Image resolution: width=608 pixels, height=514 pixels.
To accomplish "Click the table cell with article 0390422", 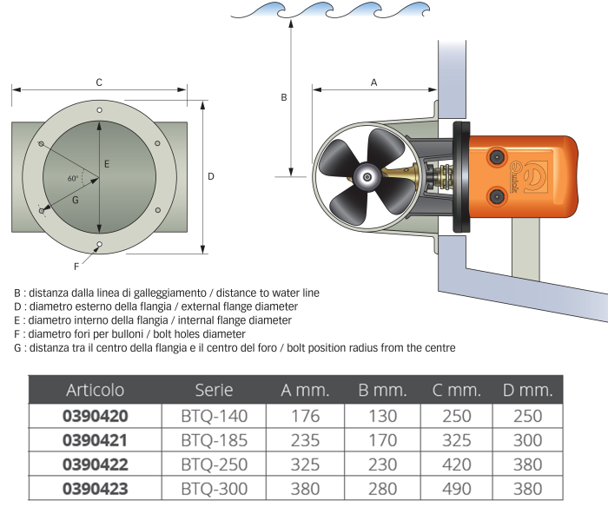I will click(96, 465).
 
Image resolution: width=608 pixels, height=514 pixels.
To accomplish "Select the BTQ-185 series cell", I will click(214, 440).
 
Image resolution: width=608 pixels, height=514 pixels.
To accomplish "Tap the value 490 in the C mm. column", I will click(455, 489).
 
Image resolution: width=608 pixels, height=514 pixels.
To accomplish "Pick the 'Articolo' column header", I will click(96, 390).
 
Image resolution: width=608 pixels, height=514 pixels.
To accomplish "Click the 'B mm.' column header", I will click(382, 390).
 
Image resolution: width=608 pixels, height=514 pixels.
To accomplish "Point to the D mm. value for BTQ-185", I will click(528, 440).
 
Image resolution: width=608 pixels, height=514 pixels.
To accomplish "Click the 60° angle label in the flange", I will click(73, 178).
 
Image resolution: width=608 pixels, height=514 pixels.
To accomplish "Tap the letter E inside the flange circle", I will click(106, 163).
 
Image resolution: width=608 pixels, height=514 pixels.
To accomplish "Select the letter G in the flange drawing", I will click(76, 200).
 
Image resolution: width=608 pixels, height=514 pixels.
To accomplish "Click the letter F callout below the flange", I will click(76, 266).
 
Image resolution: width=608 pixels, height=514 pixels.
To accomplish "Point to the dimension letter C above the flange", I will click(99, 82).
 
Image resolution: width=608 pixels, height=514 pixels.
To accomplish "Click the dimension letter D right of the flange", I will click(211, 176).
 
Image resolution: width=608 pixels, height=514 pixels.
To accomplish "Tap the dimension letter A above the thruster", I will click(373, 82).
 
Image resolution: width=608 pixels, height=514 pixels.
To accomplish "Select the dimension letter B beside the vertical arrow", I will click(283, 98).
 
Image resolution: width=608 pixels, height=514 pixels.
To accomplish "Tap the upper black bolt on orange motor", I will click(498, 157).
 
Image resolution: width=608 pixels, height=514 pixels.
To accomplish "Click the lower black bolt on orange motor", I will click(498, 197).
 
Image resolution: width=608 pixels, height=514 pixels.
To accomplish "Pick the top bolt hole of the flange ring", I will click(100, 109).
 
